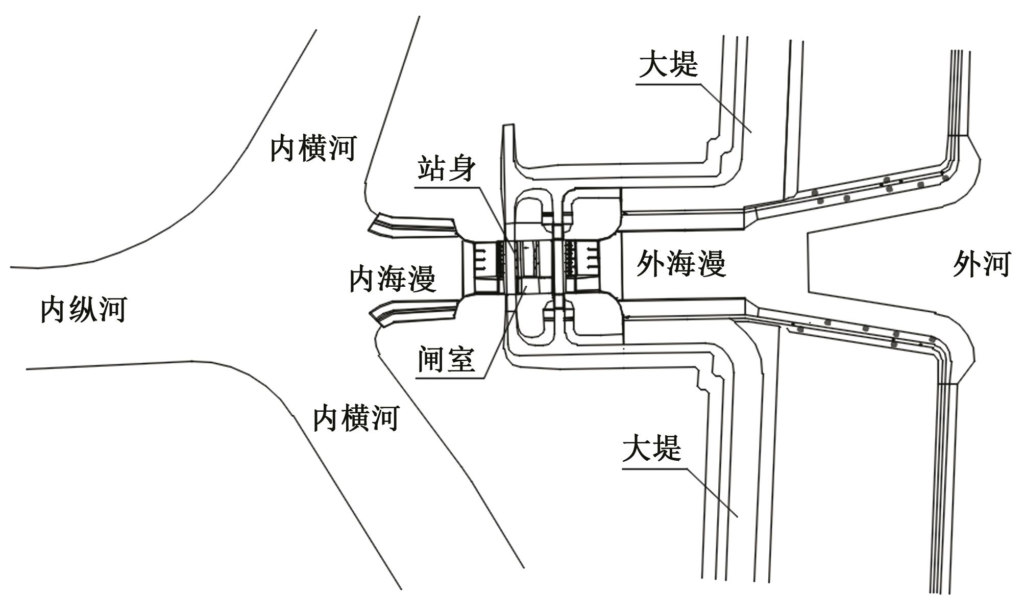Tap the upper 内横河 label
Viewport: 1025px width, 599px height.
pos(313,148)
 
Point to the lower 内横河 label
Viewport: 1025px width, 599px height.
pos(356,418)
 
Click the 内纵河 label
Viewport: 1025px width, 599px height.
pos(84,309)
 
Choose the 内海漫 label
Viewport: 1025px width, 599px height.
pos(392,279)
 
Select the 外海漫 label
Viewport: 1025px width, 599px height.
pos(681,264)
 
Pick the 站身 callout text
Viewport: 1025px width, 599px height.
pos(447,168)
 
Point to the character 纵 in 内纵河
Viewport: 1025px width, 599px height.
pos(84,309)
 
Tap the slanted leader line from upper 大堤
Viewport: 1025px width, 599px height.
pos(725,107)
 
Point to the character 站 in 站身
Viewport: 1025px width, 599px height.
pos(432,168)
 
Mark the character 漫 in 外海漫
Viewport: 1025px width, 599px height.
pos(711,264)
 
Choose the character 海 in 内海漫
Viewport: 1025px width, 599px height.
pos(392,279)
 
